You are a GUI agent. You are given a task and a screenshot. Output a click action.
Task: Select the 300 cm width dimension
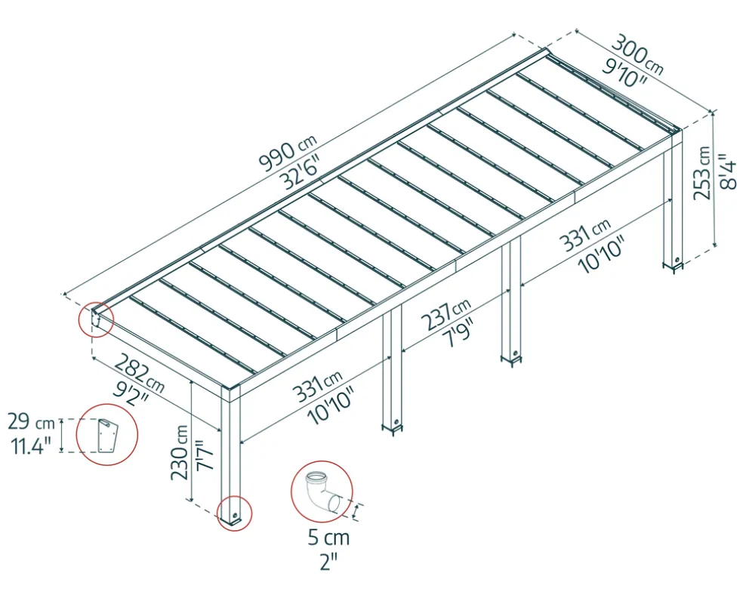[x=637, y=54]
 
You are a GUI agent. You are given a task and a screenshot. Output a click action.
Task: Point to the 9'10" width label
[x=624, y=72]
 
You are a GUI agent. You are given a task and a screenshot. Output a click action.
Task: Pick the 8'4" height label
[x=728, y=171]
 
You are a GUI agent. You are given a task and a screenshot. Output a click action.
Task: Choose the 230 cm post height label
[x=180, y=452]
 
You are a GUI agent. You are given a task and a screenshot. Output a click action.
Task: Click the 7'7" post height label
[x=205, y=455]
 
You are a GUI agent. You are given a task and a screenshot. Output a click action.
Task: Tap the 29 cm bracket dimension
[x=31, y=421]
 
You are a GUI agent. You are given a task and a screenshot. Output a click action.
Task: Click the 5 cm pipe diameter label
[x=329, y=538]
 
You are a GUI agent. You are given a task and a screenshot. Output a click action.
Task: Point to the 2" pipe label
[x=328, y=563]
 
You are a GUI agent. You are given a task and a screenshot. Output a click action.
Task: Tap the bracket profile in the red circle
[x=107, y=435]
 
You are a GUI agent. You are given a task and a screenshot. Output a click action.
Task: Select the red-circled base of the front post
[x=234, y=513]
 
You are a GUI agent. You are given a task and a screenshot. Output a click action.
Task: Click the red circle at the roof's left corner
[x=96, y=319]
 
